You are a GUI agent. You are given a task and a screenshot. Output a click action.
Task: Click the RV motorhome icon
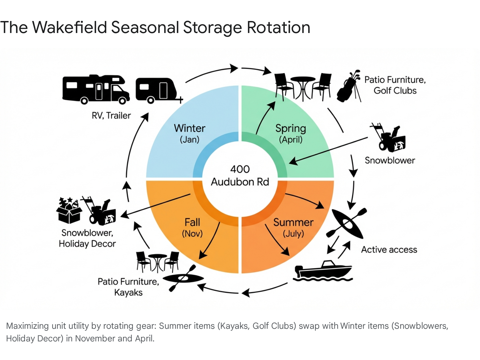(x=95, y=89)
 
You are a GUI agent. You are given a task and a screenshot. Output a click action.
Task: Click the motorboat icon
(x=323, y=271)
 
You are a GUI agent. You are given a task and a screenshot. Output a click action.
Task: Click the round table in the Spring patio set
(x=303, y=87)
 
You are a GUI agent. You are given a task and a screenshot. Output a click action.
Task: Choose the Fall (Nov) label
(x=192, y=227)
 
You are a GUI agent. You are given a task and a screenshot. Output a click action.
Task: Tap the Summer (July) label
(x=293, y=227)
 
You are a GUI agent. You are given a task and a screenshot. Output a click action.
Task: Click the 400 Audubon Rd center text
(x=240, y=175)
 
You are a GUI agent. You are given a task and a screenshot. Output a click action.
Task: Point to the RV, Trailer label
(x=111, y=115)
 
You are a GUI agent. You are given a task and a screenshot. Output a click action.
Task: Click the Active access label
(x=389, y=250)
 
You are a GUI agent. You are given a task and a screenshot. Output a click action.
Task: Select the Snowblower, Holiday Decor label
(x=87, y=238)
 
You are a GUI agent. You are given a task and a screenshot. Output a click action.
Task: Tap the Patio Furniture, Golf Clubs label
(x=395, y=85)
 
